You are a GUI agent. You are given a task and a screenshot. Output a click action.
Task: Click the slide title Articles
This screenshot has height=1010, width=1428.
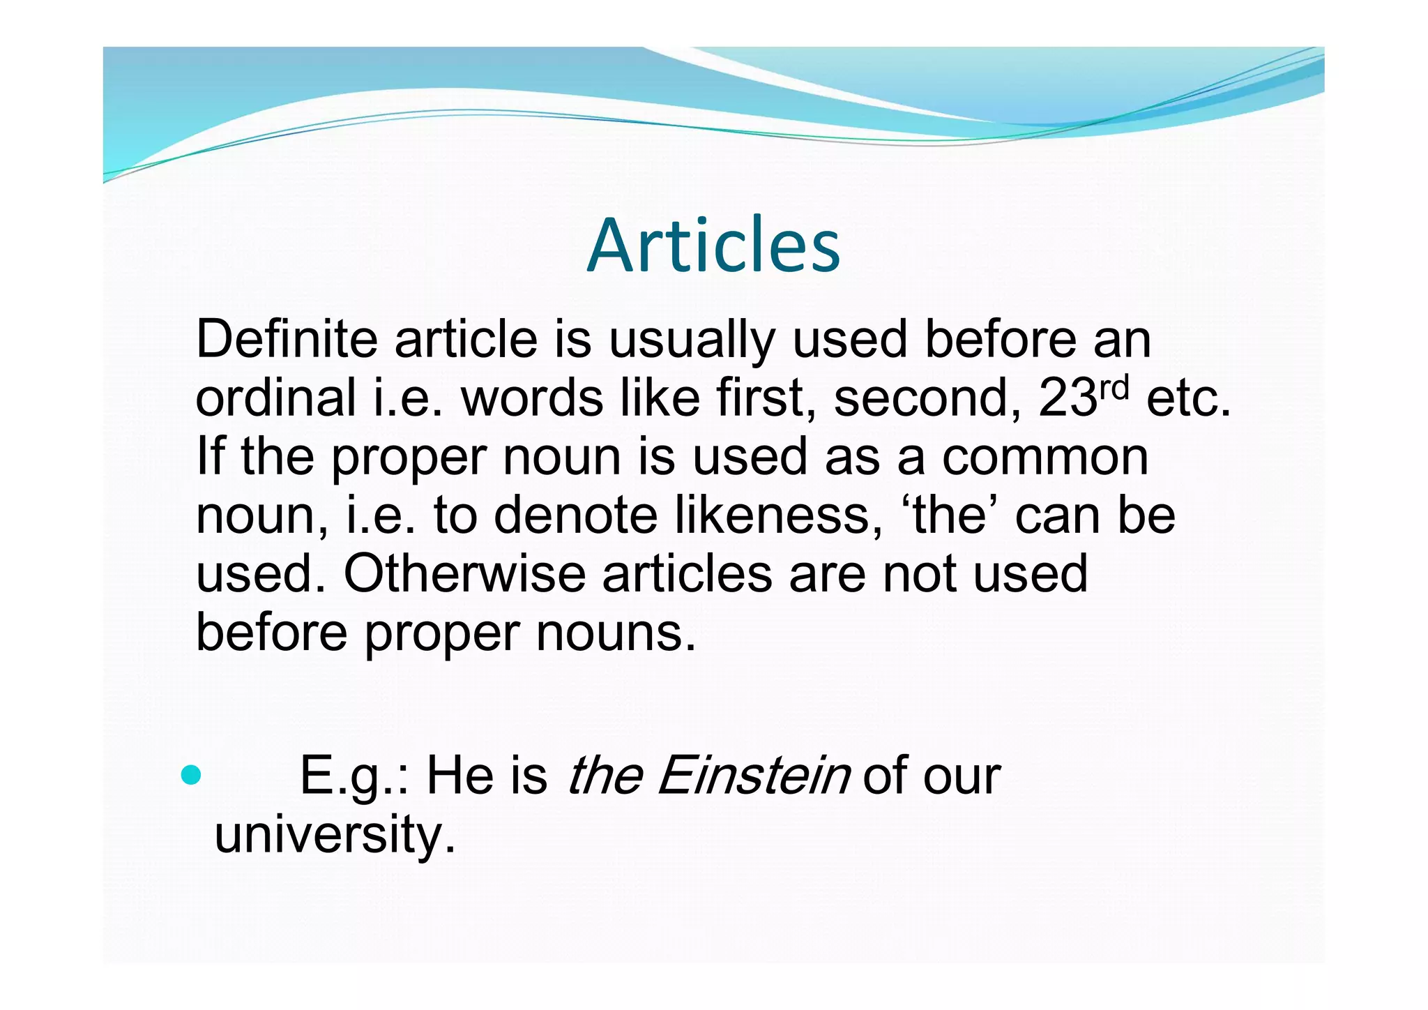(x=713, y=246)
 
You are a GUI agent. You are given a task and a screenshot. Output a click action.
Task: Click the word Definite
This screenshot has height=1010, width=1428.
(x=287, y=340)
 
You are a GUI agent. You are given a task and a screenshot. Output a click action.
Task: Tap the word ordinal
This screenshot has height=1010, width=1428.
(x=276, y=398)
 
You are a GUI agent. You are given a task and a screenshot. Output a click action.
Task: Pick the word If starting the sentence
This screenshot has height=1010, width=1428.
(x=210, y=456)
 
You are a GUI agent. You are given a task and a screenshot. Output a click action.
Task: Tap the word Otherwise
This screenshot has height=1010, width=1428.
(x=464, y=574)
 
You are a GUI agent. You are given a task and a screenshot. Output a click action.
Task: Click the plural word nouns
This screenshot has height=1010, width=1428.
(x=615, y=633)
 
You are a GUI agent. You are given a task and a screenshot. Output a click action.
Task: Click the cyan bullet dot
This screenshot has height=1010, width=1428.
(x=190, y=774)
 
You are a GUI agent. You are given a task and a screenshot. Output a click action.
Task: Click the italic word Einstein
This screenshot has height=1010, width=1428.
(x=753, y=776)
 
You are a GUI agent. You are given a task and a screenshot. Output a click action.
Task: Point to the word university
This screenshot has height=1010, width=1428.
(x=334, y=835)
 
